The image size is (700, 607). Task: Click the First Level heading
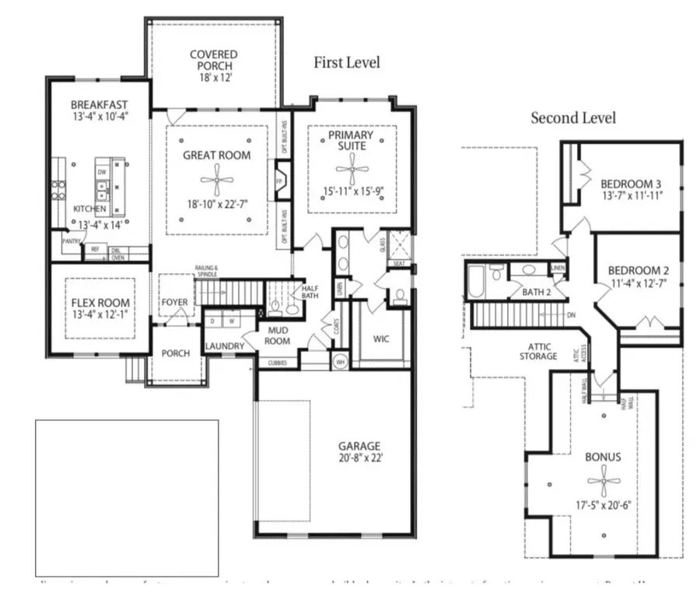pos(347,63)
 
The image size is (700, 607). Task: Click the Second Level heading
pos(573,118)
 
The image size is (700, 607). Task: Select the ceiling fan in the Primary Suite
pos(351,168)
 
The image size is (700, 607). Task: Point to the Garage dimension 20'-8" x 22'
pos(359,458)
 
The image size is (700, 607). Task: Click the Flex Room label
pos(101,303)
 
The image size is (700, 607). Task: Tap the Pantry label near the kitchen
pos(72,242)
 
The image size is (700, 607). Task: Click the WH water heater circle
pos(338,361)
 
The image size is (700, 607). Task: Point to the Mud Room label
pos(278,336)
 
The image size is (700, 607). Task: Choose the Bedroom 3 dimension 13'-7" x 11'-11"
pos(631,196)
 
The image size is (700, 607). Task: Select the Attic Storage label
pos(537,351)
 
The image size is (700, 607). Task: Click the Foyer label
pos(175,302)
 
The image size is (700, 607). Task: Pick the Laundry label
pos(226,346)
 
